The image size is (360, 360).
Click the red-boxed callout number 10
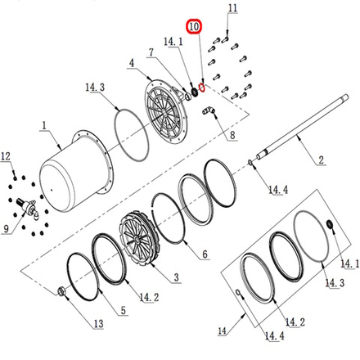194,27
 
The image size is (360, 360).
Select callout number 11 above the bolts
232,8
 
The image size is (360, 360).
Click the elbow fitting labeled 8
209,110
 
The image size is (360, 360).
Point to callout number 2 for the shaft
321,160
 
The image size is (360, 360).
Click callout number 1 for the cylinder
44,126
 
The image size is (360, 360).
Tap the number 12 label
6,156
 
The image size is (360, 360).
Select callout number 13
99,324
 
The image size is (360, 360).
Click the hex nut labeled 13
61,291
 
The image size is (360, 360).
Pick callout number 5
124,310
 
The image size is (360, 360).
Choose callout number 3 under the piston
177,277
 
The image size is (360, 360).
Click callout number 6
205,254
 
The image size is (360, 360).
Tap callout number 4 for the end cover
132,63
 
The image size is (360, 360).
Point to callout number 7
151,52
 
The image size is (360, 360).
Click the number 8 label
232,135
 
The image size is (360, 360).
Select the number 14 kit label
222,331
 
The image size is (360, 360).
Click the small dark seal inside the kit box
331,224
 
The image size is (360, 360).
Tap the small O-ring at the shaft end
250,163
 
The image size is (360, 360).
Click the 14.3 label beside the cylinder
95,88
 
